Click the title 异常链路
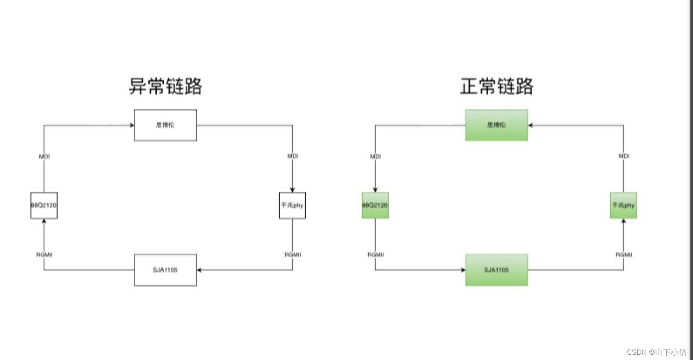point(166,86)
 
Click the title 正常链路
point(497,86)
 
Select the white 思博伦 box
point(166,125)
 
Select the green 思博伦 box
point(497,125)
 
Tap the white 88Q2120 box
point(44,205)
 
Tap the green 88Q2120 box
point(375,205)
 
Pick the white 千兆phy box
point(292,205)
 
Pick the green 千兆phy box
point(624,205)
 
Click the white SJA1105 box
point(166,270)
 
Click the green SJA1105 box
point(497,270)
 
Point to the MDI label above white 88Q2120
point(44,156)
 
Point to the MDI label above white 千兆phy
point(293,156)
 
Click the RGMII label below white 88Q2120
point(44,255)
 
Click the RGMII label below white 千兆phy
point(293,255)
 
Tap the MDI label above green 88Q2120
point(376,156)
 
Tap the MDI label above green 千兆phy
point(624,156)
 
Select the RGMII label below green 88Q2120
point(376,255)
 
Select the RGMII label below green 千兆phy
point(624,255)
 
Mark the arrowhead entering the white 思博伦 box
point(132,126)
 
